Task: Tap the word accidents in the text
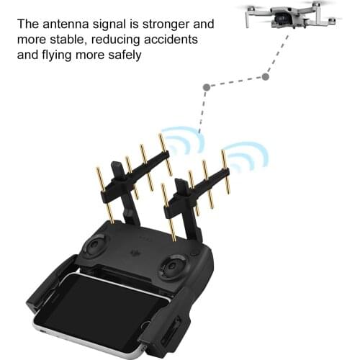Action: (x=170, y=38)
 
